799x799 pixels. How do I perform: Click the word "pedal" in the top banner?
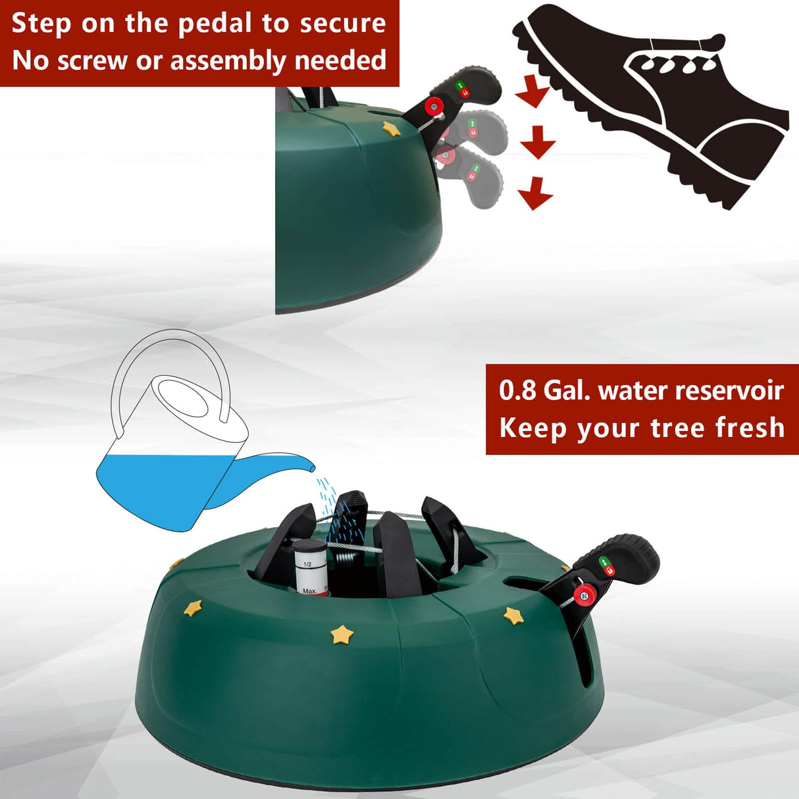[x=216, y=24]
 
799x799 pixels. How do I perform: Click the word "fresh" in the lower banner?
[x=749, y=428]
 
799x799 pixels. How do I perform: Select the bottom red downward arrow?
[x=535, y=194]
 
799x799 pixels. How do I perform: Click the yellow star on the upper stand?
[x=392, y=128]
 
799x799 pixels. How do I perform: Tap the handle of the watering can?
[x=171, y=355]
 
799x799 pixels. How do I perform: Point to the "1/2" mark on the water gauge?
[x=307, y=564]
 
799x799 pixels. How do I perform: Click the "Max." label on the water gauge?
[x=309, y=591]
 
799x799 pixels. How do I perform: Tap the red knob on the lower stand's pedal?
[x=583, y=596]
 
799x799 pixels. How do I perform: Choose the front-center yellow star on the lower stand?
[x=342, y=635]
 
